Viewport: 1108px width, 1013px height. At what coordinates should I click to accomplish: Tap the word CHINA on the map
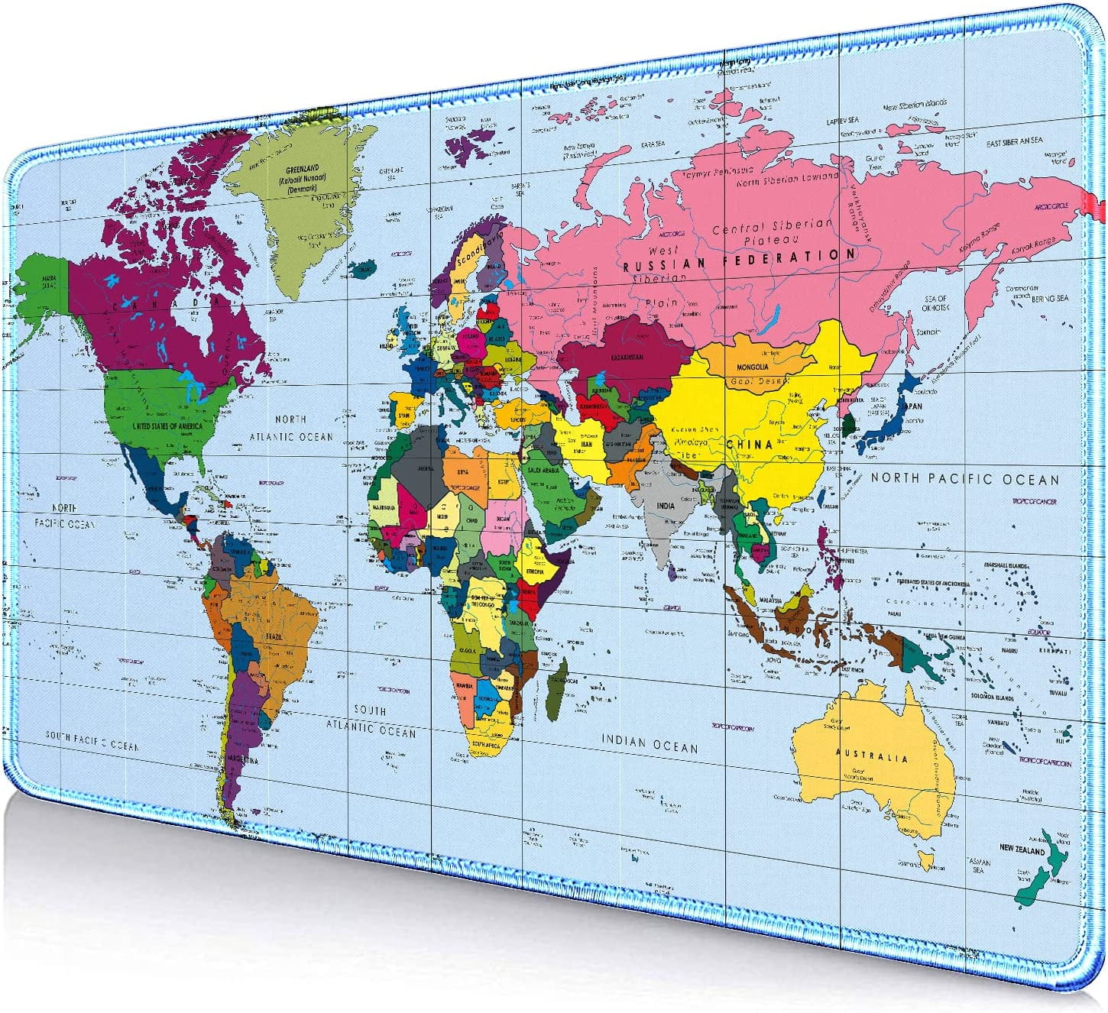click(x=749, y=444)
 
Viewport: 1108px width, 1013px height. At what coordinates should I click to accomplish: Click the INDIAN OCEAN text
click(x=650, y=742)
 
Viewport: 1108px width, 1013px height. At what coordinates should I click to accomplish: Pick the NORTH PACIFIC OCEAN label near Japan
click(x=965, y=479)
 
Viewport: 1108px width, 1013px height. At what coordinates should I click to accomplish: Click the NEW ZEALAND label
click(x=1022, y=849)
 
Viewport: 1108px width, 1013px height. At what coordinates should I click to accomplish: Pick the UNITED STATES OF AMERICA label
click(x=167, y=425)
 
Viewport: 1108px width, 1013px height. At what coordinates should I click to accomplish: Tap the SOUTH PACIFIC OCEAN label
click(x=92, y=740)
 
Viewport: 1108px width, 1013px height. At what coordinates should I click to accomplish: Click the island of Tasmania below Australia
click(x=927, y=861)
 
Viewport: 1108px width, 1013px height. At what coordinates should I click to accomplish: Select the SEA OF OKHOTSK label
click(x=935, y=303)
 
